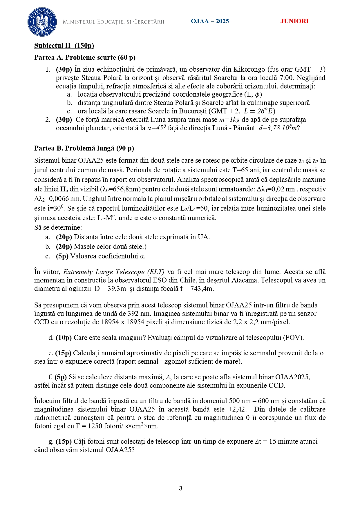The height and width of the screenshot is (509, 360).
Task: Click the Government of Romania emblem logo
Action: point(42,22)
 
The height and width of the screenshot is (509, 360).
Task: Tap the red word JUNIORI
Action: point(294,21)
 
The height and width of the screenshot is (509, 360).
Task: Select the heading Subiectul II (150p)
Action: point(64,46)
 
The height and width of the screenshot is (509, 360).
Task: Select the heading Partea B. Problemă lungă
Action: point(84,148)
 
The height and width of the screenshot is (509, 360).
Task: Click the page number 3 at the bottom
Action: point(180,488)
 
